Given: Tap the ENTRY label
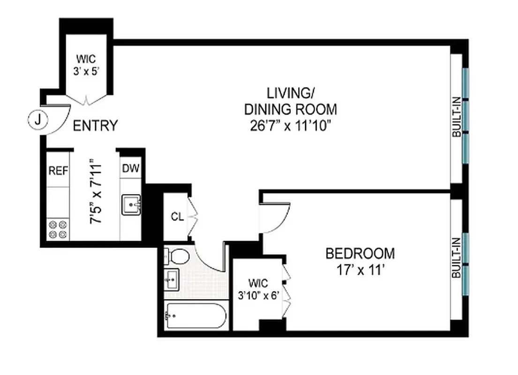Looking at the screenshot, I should pyautogui.click(x=95, y=126).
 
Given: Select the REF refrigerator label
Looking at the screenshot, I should pyautogui.click(x=58, y=170).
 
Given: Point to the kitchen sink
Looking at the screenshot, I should pyautogui.click(x=131, y=205).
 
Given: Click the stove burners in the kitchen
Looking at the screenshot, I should pyautogui.click(x=58, y=229).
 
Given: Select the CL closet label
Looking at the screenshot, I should pyautogui.click(x=177, y=217).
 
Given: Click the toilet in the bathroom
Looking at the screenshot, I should pyautogui.click(x=177, y=256).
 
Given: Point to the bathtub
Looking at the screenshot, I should pyautogui.click(x=196, y=316).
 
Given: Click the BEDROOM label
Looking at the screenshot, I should pyautogui.click(x=360, y=254).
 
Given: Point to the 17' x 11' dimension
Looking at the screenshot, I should pyautogui.click(x=360, y=270).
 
